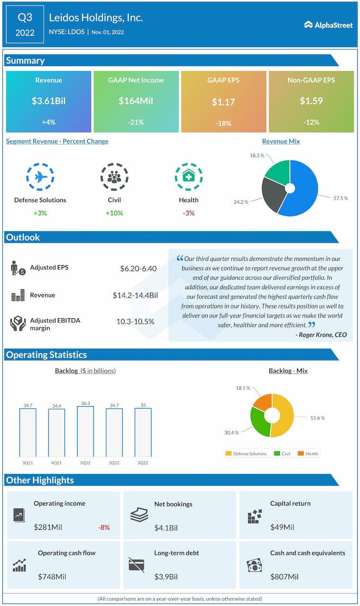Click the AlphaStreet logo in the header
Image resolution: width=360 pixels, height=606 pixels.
tap(328, 25)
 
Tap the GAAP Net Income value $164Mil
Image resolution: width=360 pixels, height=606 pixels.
tap(136, 101)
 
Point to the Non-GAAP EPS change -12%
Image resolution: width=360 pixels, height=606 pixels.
tap(311, 123)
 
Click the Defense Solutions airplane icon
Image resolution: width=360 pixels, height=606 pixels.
tap(40, 177)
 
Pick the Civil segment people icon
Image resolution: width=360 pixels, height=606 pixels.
tap(114, 177)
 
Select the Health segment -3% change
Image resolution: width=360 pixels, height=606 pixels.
tap(189, 213)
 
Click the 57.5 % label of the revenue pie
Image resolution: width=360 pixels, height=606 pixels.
tap(340, 198)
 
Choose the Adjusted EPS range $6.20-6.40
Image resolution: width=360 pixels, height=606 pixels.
tap(138, 268)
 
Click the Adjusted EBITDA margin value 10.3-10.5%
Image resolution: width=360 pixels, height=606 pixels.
tap(135, 321)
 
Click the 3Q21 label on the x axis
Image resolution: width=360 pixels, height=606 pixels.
tap(27, 463)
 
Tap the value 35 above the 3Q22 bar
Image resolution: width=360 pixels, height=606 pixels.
tap(143, 405)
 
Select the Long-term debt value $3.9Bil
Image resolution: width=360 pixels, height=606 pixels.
tap(166, 577)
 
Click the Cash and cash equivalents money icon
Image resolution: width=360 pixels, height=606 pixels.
tap(254, 565)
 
